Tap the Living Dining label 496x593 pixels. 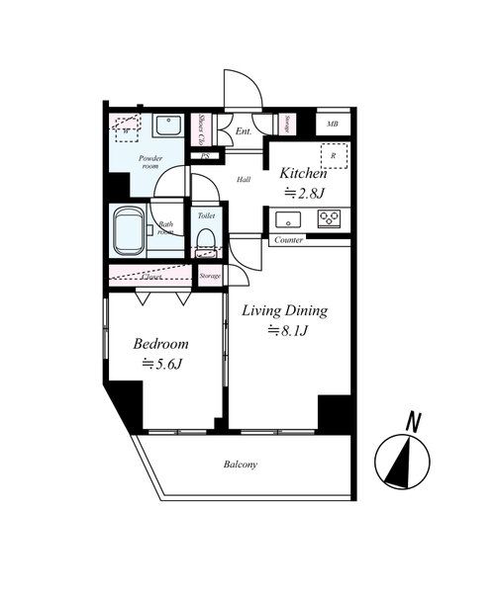point(285,310)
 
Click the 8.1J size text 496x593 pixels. point(290,332)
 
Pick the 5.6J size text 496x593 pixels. point(163,365)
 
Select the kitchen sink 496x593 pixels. point(289,219)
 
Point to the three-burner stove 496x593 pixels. point(330,218)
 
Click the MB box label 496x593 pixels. point(332,124)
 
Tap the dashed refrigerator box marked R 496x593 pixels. point(334,156)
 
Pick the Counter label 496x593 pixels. point(288,240)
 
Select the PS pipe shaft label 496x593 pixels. point(206,156)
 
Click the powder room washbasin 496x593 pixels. point(167,127)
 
